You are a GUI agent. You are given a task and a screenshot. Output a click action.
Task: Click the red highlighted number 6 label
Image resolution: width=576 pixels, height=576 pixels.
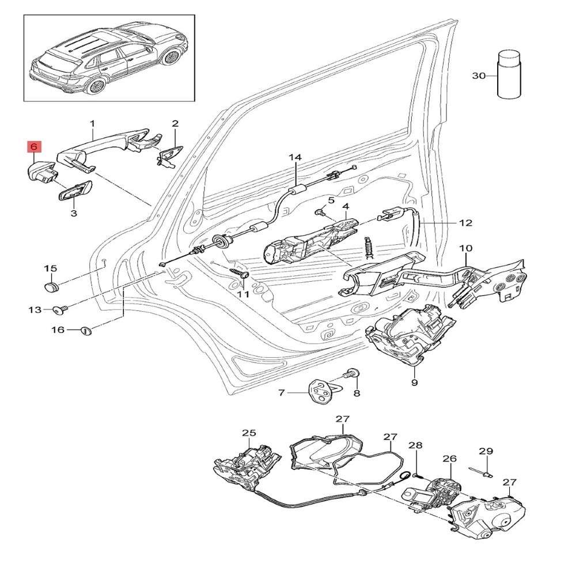[34, 147]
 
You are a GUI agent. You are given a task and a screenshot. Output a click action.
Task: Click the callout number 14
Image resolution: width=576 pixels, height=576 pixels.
[295, 157]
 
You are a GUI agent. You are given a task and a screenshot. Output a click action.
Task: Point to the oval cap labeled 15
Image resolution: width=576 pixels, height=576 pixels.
[52, 286]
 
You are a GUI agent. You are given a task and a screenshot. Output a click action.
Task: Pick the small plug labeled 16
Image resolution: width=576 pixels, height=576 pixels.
[86, 330]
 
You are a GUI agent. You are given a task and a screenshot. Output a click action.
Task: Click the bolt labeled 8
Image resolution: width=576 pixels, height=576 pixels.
[351, 373]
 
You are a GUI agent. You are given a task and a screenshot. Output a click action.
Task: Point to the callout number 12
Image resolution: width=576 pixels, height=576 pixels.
[465, 222]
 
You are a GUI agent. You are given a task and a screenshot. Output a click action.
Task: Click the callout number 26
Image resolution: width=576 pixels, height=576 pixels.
[449, 459]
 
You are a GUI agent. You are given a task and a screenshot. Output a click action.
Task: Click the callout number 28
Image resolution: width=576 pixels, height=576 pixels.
[416, 445]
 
